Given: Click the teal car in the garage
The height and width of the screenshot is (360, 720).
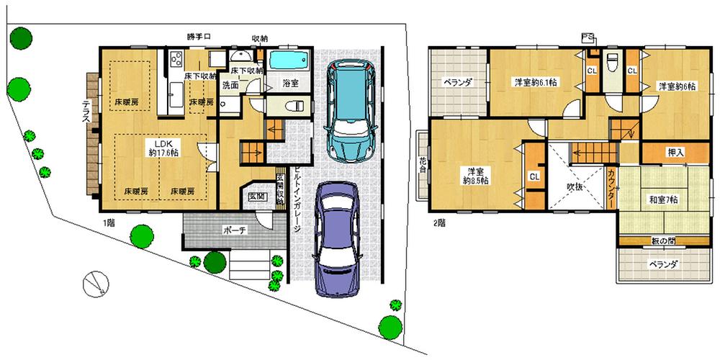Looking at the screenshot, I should pos(349,112).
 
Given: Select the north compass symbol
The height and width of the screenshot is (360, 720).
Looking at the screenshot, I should pos(94,285).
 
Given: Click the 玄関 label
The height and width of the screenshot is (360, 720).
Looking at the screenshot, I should pos(257,196).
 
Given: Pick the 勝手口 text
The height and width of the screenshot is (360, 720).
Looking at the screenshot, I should pos(198,37).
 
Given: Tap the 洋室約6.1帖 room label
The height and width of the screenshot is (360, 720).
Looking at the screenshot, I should pos(534,83).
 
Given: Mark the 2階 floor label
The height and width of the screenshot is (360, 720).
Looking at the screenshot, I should pos(439,222).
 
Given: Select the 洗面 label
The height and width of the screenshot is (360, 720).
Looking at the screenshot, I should pos(230,84).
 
